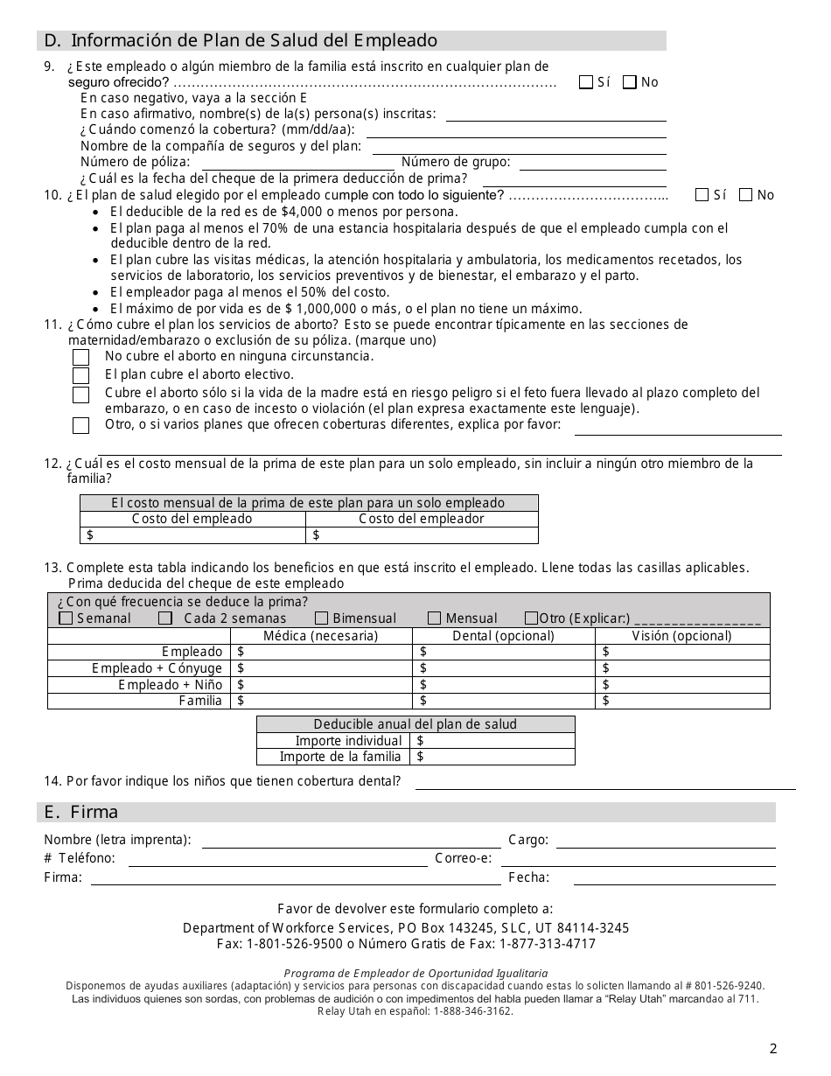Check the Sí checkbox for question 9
[x=586, y=82]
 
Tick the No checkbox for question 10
[x=745, y=195]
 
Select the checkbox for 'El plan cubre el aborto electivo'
[x=80, y=375]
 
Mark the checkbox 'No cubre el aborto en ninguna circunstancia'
[x=80, y=357]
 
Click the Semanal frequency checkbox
[x=66, y=618]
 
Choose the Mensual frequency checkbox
[x=434, y=618]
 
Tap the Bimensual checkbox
[x=321, y=618]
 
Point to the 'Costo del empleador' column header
[x=422, y=519]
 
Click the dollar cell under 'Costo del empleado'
[x=192, y=535]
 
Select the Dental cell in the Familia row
[x=503, y=701]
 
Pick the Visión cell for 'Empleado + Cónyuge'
[x=682, y=668]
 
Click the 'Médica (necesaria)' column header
[x=321, y=636]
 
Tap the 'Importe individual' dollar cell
[x=494, y=741]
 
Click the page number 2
[x=773, y=1049]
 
